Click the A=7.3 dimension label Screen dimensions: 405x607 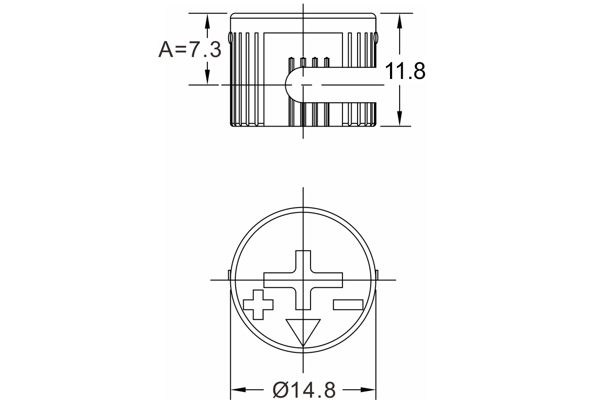tap(190, 50)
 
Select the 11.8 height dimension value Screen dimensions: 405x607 tap(405, 71)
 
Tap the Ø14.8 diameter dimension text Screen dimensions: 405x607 tap(303, 390)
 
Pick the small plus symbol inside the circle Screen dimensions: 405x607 tap(258, 304)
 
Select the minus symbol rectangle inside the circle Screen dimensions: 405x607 tap(348, 304)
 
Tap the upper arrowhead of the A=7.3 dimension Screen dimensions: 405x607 tap(207, 20)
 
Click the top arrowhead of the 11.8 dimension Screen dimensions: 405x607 tap(400, 20)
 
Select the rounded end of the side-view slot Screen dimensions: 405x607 tap(292, 85)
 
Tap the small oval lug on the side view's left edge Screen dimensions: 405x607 tap(231, 37)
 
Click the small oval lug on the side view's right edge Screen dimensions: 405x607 tap(376, 37)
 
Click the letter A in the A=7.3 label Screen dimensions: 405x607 tap(165, 50)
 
